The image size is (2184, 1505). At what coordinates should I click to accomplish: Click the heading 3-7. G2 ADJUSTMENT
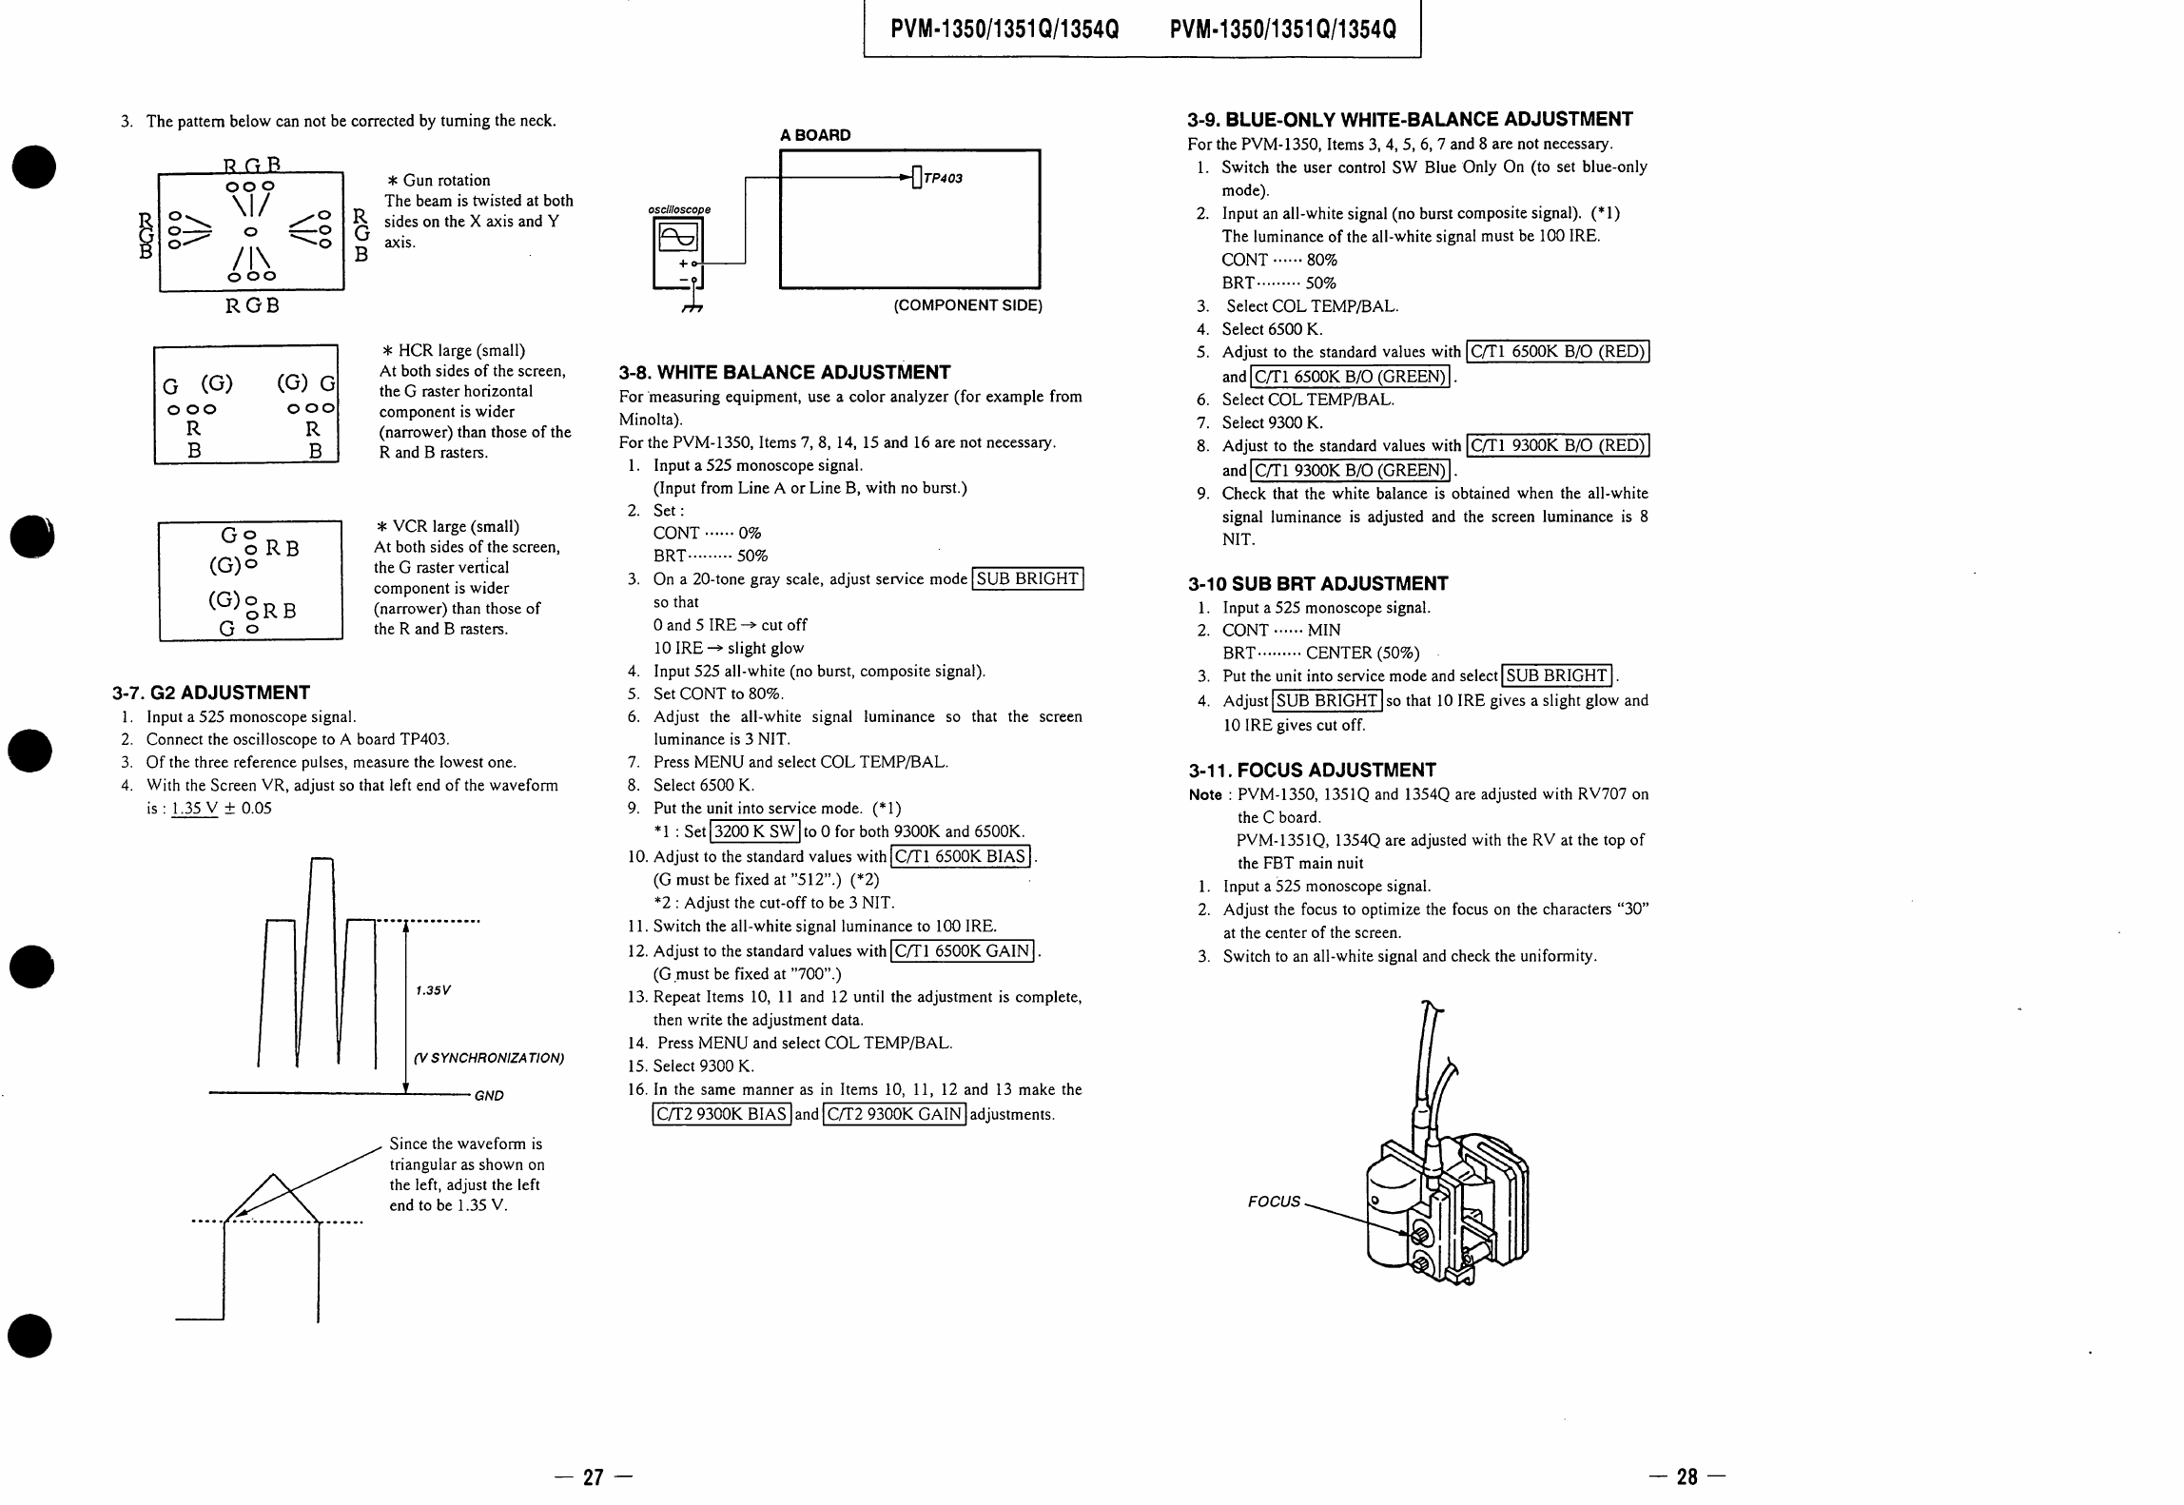211,693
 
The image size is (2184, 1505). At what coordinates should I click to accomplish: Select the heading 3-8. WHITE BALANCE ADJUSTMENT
785,372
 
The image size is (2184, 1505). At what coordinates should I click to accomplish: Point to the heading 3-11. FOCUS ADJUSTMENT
1313,770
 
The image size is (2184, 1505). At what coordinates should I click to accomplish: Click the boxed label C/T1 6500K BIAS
961,856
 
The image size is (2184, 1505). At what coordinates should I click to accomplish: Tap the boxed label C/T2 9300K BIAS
722,1114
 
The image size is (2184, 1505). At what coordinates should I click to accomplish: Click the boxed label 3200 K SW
755,831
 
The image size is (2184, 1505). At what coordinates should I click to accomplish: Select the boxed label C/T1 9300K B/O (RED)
1558,445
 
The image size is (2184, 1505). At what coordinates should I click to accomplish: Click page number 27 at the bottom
594,1476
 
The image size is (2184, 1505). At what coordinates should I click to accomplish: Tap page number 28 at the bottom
1687,1476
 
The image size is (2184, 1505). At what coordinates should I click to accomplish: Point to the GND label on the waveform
489,1096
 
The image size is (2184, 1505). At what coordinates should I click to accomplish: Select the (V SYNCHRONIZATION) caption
489,1058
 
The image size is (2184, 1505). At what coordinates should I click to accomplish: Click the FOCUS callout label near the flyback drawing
1274,1202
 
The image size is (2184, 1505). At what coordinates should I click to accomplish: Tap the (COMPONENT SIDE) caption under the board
967,305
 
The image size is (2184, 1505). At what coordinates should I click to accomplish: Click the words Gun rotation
447,180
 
